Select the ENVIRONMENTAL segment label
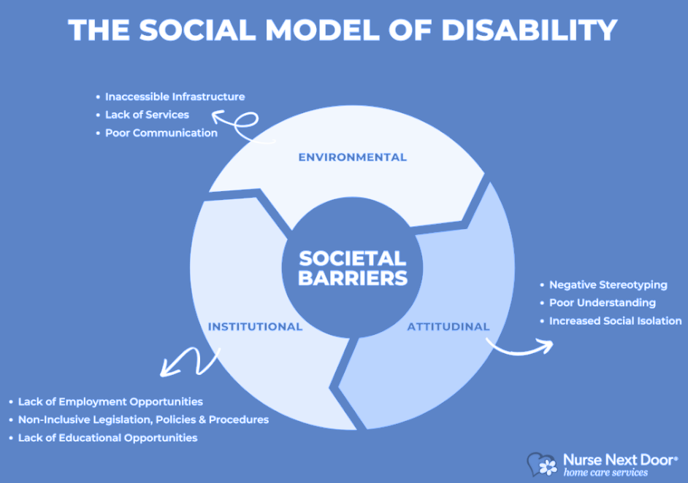click(352, 157)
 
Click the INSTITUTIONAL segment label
click(255, 326)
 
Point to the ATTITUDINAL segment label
click(448, 326)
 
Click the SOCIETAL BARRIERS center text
click(352, 268)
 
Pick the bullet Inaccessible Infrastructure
click(175, 96)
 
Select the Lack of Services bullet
click(147, 115)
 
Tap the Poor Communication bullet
click(161, 133)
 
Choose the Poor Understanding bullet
click(602, 303)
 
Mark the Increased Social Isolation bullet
click(615, 321)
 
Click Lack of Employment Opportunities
click(110, 401)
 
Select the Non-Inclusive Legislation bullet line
click(143, 420)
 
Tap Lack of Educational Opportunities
click(107, 438)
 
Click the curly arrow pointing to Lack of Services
click(237, 122)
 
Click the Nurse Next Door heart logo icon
click(543, 464)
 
